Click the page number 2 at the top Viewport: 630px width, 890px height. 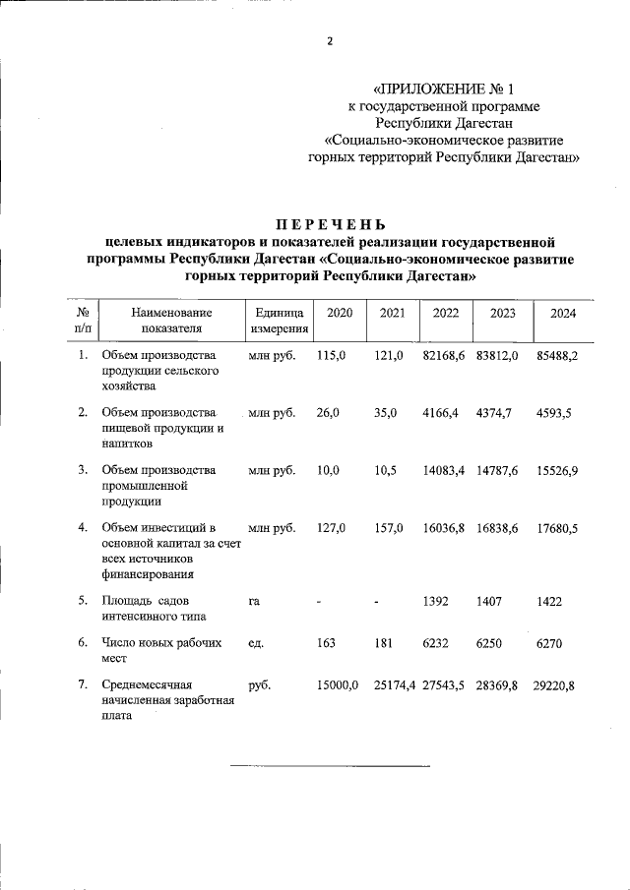click(x=331, y=40)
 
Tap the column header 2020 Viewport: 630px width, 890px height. click(x=340, y=313)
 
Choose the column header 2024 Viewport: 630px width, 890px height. click(x=563, y=313)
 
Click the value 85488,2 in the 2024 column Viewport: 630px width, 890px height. click(x=556, y=355)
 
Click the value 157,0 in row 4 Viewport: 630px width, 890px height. click(x=389, y=528)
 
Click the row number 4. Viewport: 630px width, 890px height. click(x=83, y=528)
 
